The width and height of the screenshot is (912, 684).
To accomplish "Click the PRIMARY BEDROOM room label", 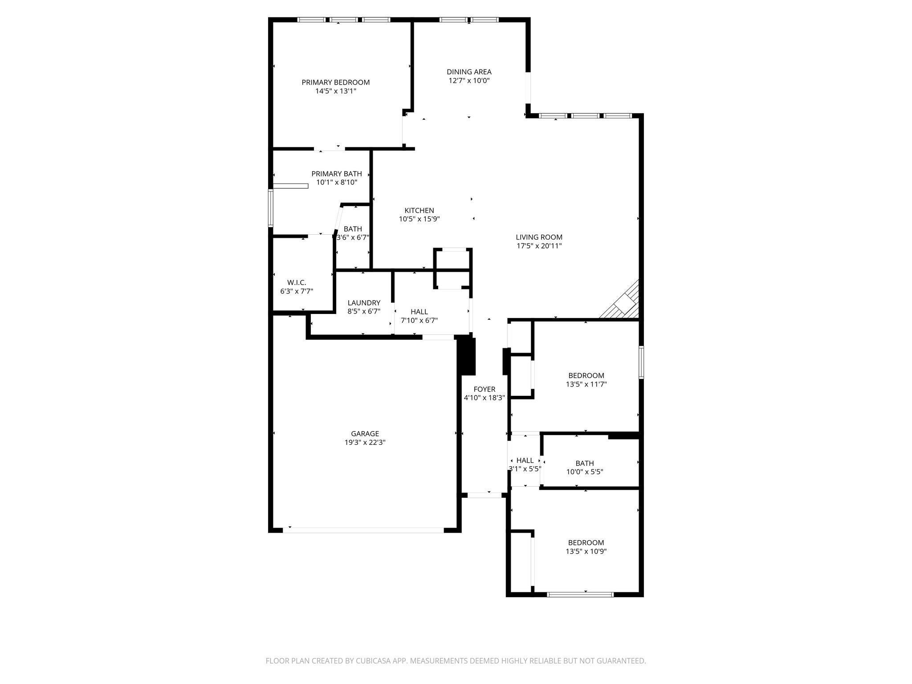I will pos(335,82).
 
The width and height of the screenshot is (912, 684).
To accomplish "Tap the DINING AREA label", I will pos(469,72).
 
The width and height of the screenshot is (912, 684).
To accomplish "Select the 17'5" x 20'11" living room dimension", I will pos(539,246).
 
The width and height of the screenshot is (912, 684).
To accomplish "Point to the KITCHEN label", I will pos(419,211).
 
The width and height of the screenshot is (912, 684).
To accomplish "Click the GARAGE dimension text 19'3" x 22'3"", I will pos(365,443).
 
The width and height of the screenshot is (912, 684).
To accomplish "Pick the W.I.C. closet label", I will pos(297,283).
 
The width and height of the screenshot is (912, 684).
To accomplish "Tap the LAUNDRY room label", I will pos(364,303).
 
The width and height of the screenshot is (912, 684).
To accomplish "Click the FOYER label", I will pos(484,389).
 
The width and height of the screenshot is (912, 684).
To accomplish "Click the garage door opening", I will pos(363,530).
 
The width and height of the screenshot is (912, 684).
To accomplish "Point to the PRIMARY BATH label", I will pos(336,174).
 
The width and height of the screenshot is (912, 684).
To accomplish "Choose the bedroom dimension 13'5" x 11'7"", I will pos(586,384).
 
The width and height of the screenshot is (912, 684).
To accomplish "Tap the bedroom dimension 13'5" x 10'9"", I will pos(586,551).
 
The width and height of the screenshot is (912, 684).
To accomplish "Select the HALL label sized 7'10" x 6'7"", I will pos(419,312).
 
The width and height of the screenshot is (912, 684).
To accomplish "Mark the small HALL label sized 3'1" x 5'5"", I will pos(525,460).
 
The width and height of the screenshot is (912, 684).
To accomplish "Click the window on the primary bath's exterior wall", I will pos(270,208).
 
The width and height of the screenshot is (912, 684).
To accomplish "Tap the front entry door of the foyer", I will pos(484,495).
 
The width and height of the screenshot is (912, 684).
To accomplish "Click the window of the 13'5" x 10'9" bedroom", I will pos(580,594).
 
